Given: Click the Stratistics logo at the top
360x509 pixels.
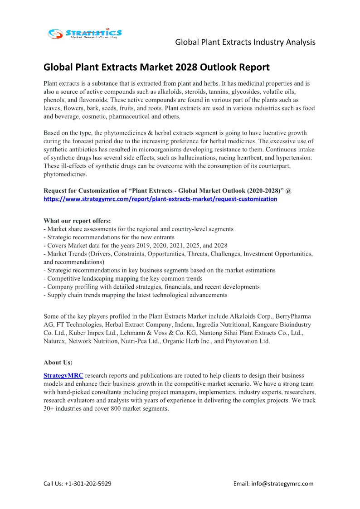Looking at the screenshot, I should [x=85, y=34].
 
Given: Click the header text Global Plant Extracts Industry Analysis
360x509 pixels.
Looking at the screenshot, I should [x=245, y=42].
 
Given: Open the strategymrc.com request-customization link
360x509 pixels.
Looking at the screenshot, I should [x=160, y=199].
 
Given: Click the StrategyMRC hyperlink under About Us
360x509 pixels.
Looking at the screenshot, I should [x=63, y=376].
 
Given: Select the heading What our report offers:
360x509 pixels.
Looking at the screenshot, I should [x=77, y=221].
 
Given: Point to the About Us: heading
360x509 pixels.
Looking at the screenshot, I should [x=58, y=362].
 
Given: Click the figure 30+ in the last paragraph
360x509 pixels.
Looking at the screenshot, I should [x=49, y=408].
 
